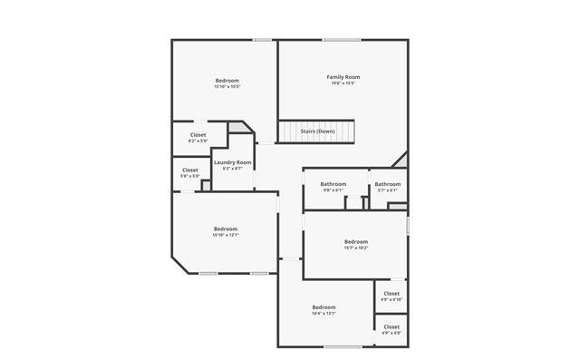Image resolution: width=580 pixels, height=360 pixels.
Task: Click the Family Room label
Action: [x=343, y=77]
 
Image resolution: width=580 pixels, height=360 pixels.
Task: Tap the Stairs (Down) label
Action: [x=318, y=131]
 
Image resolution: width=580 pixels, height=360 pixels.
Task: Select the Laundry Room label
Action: [x=232, y=162]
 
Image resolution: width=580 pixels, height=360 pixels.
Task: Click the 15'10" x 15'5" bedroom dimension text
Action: [x=227, y=87]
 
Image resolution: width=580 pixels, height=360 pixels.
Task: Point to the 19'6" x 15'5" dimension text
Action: [x=343, y=84]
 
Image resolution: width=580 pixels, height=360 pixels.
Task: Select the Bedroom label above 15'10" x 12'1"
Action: [x=226, y=229]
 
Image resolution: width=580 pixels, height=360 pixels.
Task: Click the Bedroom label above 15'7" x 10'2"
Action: [x=356, y=241]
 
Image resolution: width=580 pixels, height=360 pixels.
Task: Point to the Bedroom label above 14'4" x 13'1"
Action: [x=324, y=307]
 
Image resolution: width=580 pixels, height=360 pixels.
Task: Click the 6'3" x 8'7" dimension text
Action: [x=232, y=169]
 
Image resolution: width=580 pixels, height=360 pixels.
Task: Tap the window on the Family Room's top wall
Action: [x=343, y=39]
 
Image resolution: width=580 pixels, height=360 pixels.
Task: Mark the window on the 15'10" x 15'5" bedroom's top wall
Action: [x=263, y=39]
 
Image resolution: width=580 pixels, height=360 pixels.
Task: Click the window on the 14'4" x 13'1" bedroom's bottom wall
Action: [x=337, y=346]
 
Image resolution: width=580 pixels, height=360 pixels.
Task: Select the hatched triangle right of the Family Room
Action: [x=401, y=161]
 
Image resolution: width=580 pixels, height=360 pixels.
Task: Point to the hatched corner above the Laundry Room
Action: [x=238, y=128]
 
